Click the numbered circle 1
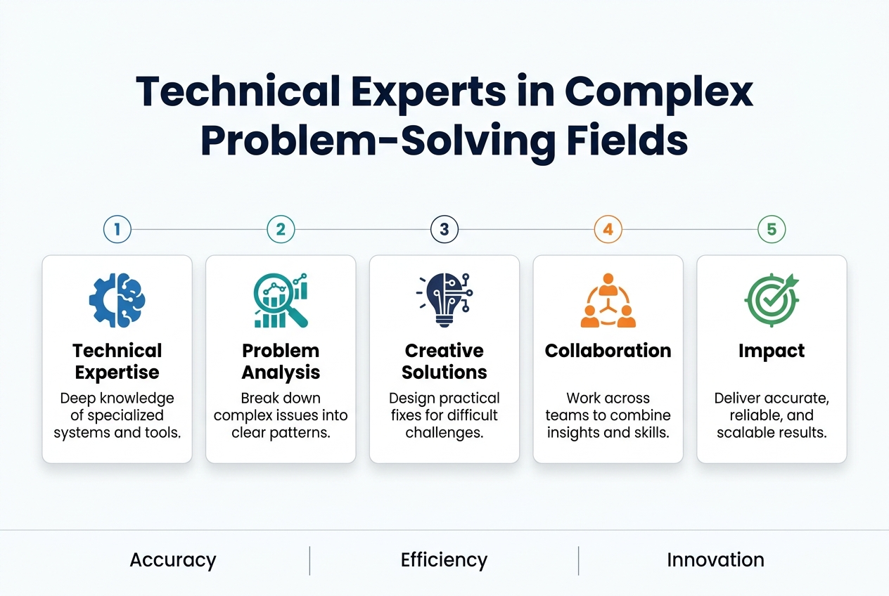[x=117, y=229]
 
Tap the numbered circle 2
[x=281, y=229]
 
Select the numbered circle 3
[x=444, y=229]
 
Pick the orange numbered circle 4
[x=608, y=229]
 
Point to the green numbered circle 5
[x=772, y=229]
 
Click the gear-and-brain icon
[x=117, y=301]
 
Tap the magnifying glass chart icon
[x=281, y=301]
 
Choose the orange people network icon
[x=608, y=301]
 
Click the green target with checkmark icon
[x=772, y=300]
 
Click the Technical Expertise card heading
[x=117, y=361]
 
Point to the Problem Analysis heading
[x=281, y=361]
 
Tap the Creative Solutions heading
[x=444, y=361]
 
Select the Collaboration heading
[x=608, y=351]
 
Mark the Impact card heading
[x=772, y=351]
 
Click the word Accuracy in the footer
[x=173, y=560]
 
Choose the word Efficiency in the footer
[x=444, y=560]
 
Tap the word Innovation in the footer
[x=715, y=560]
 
